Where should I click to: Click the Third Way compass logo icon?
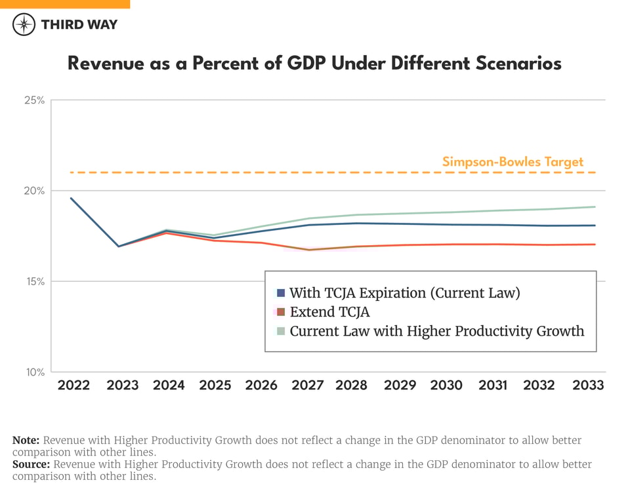point(24,24)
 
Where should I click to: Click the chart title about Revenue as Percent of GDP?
point(314,63)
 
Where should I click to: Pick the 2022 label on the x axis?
point(73,385)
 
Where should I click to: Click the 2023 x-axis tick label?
point(123,385)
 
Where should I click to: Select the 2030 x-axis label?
point(446,385)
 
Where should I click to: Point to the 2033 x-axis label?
point(587,385)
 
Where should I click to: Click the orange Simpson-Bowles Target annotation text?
point(513,162)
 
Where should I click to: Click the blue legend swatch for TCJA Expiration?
point(281,293)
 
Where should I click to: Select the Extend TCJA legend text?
point(330,312)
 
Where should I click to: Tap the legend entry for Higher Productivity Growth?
point(436,331)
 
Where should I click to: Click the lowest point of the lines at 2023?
point(119,246)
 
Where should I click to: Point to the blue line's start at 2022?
point(71,198)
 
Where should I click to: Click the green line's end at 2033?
point(595,207)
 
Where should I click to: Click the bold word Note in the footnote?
point(26,440)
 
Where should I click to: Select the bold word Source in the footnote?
point(31,464)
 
